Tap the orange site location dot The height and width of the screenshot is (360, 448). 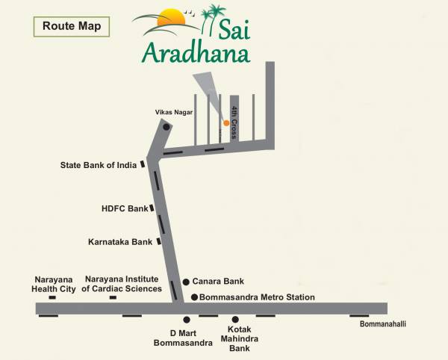pyautogui.click(x=226, y=122)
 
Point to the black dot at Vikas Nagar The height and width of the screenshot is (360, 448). pyautogui.click(x=167, y=127)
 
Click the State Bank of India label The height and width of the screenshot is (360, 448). pyautogui.click(x=98, y=165)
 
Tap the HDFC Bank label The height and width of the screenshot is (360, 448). pyautogui.click(x=125, y=209)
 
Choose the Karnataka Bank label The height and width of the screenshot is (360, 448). pyautogui.click(x=120, y=242)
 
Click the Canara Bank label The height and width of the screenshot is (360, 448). pyautogui.click(x=219, y=282)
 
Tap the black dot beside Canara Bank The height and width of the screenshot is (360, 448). pyautogui.click(x=186, y=282)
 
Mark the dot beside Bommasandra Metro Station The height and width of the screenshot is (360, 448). pyautogui.click(x=194, y=297)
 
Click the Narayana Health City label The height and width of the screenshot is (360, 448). pyautogui.click(x=53, y=283)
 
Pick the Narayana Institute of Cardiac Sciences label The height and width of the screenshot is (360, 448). pyautogui.click(x=122, y=283)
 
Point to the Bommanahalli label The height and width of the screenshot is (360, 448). pyautogui.click(x=382, y=323)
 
